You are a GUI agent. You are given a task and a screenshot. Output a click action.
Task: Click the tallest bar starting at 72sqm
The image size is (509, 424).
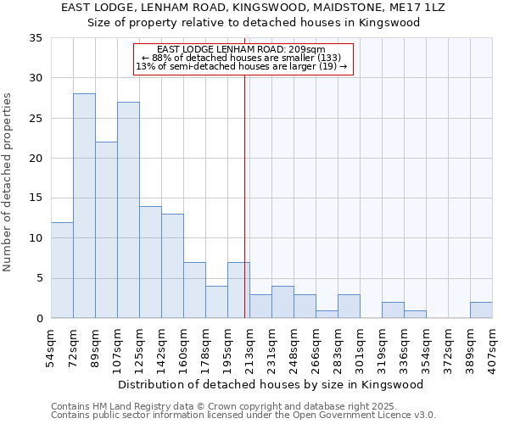(x=84, y=206)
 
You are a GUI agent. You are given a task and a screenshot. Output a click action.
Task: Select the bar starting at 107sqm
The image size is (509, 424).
(x=128, y=210)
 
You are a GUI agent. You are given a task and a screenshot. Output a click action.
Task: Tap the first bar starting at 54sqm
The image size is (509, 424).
(x=62, y=270)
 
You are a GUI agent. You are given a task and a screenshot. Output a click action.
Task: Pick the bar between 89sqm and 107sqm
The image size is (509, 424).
(x=106, y=230)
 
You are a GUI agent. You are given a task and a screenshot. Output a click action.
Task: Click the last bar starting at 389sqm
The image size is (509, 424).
(x=481, y=310)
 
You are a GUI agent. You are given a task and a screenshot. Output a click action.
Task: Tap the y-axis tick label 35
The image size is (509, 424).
(x=36, y=38)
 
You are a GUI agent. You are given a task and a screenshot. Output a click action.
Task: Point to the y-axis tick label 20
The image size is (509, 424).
(x=36, y=159)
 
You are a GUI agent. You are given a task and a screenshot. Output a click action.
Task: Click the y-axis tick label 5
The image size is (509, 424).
(x=39, y=279)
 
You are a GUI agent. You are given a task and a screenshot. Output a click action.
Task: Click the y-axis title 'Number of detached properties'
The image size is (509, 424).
(x=8, y=181)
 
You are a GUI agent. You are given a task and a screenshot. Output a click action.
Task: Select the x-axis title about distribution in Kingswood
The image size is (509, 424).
(x=271, y=384)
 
